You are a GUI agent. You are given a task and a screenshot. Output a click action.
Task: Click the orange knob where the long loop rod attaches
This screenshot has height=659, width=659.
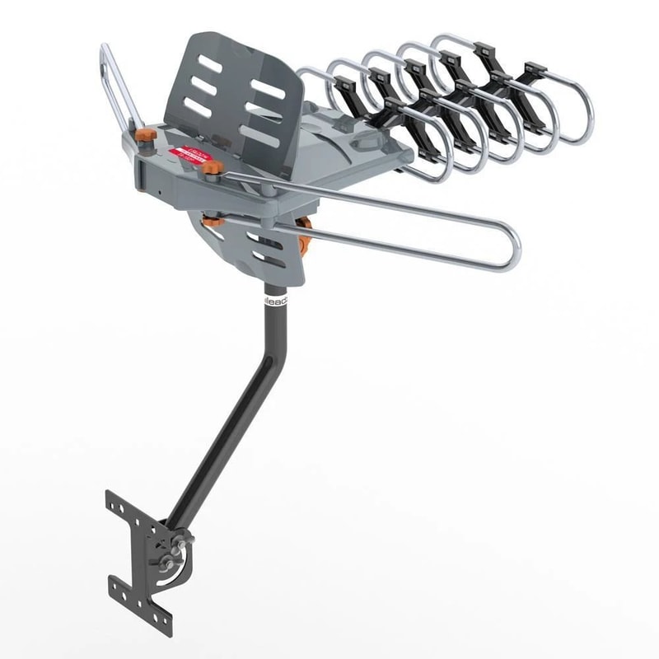coord(212,169)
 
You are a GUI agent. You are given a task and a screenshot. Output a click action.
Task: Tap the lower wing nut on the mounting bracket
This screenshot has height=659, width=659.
coord(170,565)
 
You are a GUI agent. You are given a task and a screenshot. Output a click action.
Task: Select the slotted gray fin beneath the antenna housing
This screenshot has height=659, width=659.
coord(264,247)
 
